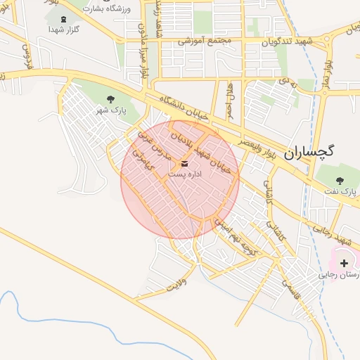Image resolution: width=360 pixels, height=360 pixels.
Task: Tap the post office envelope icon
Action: (x=175, y=163)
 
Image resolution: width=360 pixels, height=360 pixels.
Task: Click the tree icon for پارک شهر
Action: (x=110, y=99)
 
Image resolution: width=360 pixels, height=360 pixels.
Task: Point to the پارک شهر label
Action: (x=110, y=110)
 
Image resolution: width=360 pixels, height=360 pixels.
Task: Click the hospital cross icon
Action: (x=343, y=262)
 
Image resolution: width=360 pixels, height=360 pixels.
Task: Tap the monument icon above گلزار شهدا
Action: (x=65, y=19)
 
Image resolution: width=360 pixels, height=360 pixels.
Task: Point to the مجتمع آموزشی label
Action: (x=205, y=41)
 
